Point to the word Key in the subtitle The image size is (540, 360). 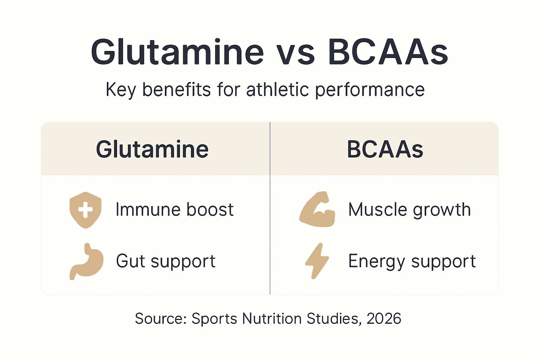[x=121, y=90]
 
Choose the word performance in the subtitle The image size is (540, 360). [x=369, y=90]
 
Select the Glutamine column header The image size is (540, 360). [x=152, y=149]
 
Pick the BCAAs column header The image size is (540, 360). [x=385, y=149]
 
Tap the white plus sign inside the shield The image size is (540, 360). [x=85, y=210]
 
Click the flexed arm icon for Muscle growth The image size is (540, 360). [x=317, y=210]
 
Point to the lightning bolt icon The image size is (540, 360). [x=317, y=261]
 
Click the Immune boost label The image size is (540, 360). [x=174, y=210]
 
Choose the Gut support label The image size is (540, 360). [x=166, y=262]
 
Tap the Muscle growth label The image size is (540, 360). [x=409, y=210]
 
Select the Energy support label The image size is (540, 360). [x=412, y=262]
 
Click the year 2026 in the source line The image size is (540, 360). [x=384, y=319]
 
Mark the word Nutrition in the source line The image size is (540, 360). [x=272, y=319]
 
